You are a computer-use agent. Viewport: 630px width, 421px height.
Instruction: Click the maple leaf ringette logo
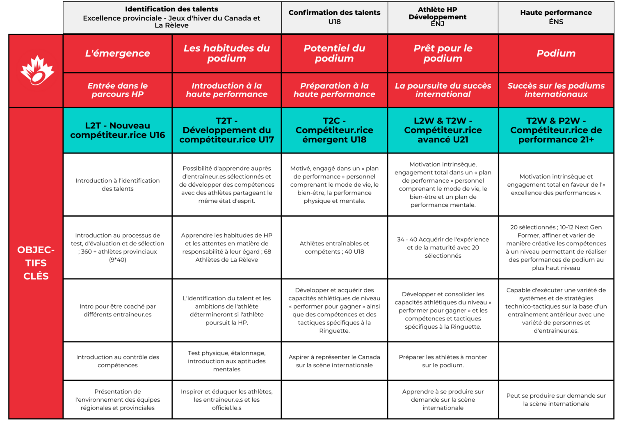37,71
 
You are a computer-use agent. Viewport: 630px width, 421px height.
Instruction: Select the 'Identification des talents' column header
171,17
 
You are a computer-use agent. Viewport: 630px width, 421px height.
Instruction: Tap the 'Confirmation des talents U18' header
334,17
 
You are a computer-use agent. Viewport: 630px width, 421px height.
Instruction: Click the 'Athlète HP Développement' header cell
443,17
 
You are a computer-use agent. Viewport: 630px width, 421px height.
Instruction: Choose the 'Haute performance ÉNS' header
556,17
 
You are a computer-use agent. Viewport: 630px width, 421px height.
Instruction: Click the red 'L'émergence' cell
118,53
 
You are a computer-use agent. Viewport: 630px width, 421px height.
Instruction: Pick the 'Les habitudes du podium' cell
226,53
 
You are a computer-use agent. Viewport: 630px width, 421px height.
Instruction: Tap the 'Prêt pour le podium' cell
443,53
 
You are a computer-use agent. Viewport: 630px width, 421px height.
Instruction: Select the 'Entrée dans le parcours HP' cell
118,90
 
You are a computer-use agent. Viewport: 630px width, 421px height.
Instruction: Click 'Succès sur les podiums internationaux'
556,90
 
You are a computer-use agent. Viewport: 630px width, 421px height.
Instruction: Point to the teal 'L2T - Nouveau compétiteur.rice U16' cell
118,130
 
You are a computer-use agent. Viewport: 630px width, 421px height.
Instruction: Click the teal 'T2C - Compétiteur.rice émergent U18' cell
334,130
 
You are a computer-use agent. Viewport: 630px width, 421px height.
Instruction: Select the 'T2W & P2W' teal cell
556,130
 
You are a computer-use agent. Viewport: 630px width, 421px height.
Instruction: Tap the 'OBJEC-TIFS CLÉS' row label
36,263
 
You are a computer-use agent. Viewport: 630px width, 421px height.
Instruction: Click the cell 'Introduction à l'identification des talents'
118,185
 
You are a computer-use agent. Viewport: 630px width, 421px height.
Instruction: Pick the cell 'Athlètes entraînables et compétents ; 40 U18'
334,247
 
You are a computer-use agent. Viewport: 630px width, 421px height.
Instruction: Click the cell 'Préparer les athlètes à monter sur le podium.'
443,361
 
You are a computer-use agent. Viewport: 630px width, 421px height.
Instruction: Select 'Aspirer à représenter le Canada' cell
334,361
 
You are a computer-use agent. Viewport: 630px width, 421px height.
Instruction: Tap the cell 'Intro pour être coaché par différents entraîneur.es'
118,310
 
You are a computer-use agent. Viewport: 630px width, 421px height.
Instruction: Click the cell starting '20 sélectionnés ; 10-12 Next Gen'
556,247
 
